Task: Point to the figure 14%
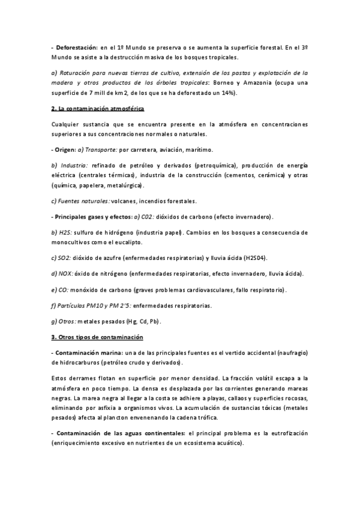click(x=226, y=94)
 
